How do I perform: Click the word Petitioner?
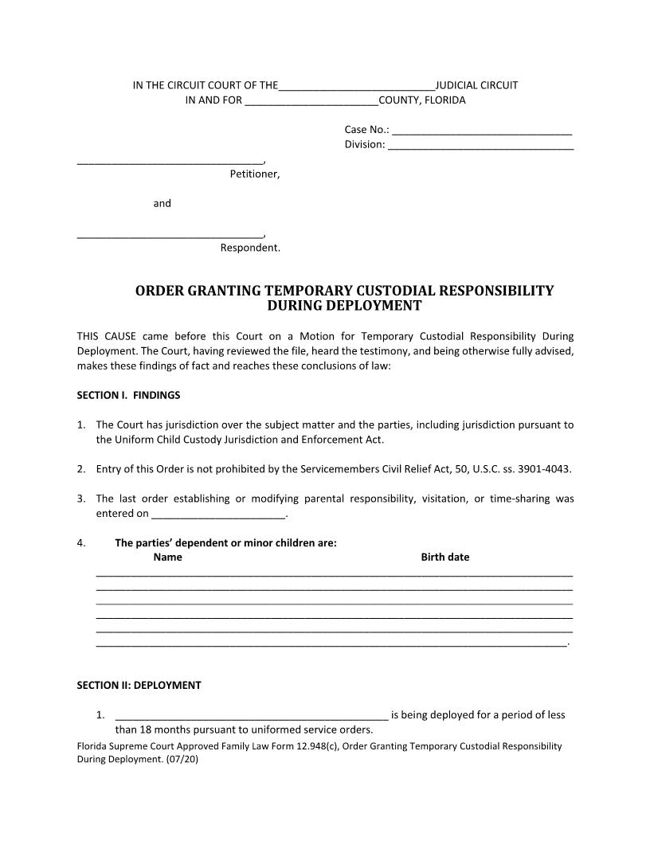coord(254,174)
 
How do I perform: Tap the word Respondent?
coord(250,248)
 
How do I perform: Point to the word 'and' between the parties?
coord(162,203)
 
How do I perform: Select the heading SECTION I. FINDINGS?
coord(128,395)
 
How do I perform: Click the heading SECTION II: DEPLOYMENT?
coord(139,685)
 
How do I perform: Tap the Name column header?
coord(167,557)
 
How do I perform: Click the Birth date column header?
coord(444,557)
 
